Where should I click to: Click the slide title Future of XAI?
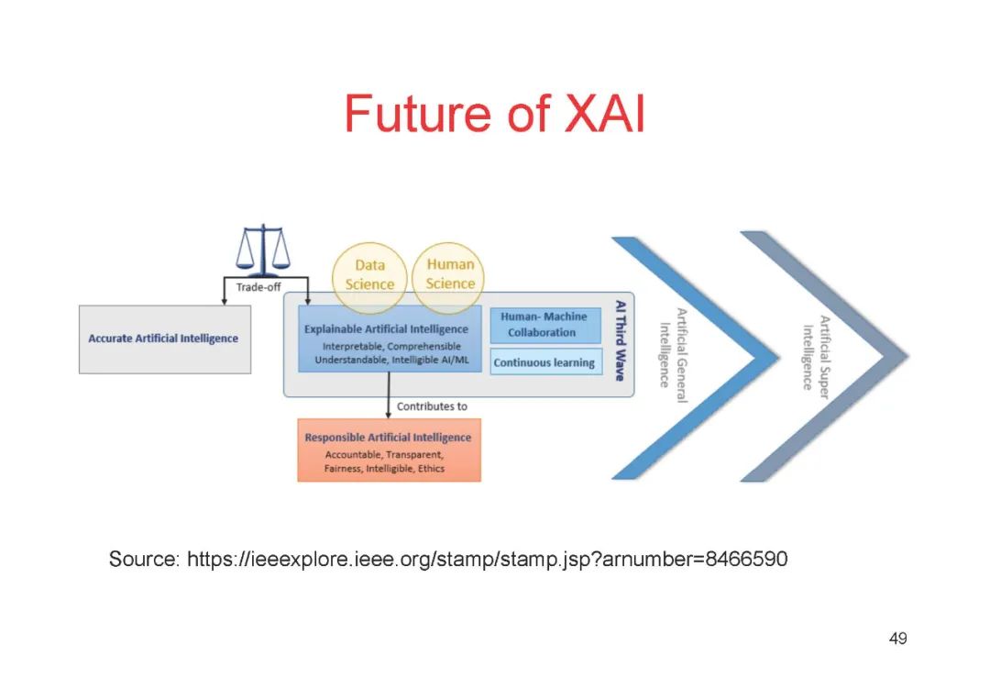pos(494,115)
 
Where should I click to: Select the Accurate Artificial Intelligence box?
pos(164,339)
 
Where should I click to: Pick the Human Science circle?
pos(450,273)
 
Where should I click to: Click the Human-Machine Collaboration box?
pos(544,325)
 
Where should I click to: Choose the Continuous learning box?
pos(544,362)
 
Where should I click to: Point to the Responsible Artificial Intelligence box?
pos(389,450)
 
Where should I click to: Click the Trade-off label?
pos(258,287)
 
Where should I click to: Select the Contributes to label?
pos(432,406)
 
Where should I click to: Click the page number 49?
pos(897,639)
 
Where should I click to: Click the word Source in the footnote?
pos(142,559)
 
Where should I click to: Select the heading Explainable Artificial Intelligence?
pos(386,329)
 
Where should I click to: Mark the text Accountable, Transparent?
pos(384,455)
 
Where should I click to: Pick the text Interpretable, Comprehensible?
pos(391,347)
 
